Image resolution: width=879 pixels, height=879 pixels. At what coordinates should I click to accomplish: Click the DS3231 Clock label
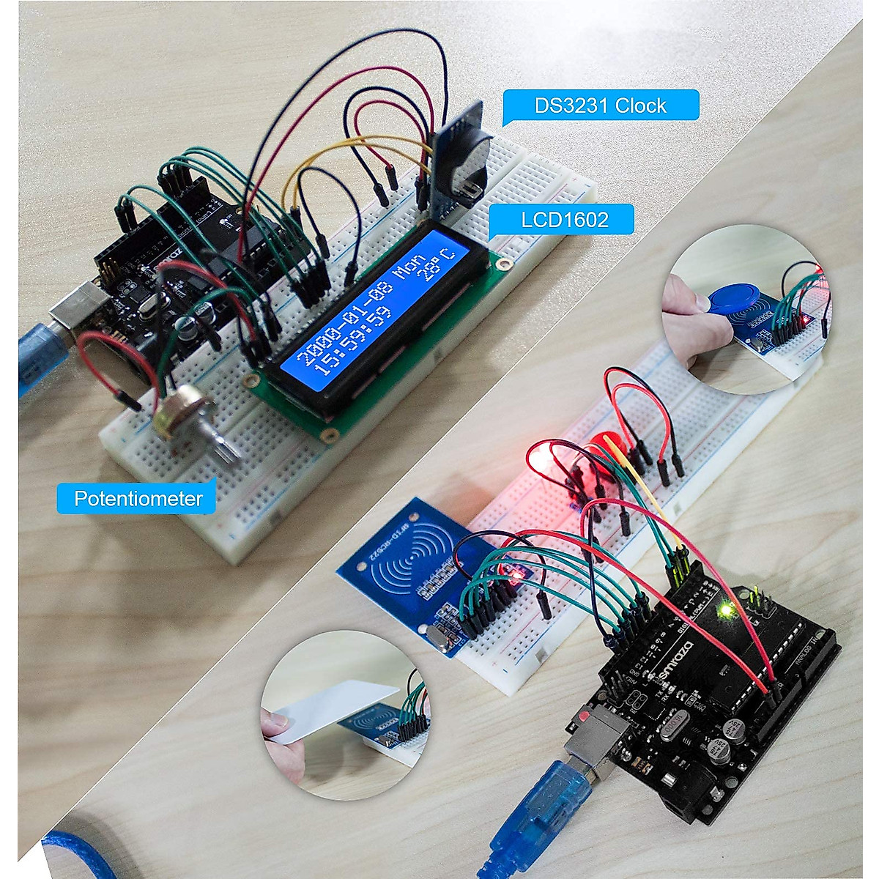(x=600, y=105)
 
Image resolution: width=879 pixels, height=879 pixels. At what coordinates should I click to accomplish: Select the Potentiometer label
(x=138, y=499)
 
